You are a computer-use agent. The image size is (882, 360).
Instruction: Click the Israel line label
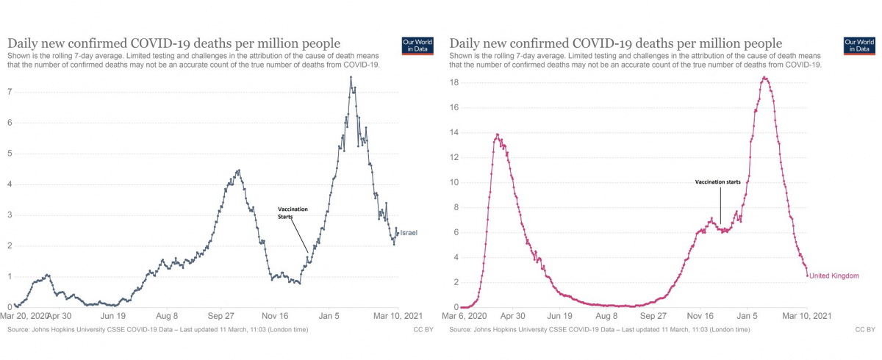tap(409, 233)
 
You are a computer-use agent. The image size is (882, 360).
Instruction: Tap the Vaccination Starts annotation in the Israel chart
tap(293, 213)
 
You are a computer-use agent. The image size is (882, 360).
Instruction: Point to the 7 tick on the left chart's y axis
tap(10, 91)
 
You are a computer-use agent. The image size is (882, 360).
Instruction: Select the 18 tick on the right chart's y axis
tap(456, 82)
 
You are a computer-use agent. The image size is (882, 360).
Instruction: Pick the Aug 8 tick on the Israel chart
tap(167, 315)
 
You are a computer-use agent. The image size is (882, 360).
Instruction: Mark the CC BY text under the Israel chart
tap(423, 330)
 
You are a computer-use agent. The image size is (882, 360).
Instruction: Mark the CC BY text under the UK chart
tap(865, 330)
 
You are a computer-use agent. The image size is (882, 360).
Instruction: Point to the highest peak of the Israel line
tap(351, 77)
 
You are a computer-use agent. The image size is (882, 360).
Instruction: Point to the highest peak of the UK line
tap(764, 77)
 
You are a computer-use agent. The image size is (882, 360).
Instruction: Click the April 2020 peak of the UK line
tap(498, 134)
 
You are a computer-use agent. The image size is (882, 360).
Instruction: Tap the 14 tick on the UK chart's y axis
tap(456, 132)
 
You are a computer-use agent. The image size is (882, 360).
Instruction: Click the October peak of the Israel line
tap(237, 170)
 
